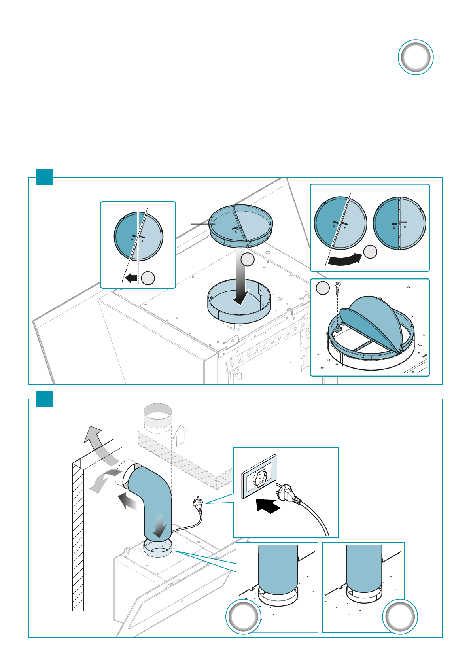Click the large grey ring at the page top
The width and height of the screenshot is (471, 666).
pyautogui.click(x=415, y=57)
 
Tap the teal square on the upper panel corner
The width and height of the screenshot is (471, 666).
pyautogui.click(x=44, y=177)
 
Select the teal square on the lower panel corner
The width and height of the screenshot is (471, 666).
pyautogui.click(x=44, y=399)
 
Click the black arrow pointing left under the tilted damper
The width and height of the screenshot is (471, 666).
pyautogui.click(x=131, y=278)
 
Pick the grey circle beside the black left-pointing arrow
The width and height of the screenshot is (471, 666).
pyautogui.click(x=148, y=278)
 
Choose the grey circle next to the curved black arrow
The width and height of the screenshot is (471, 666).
pyautogui.click(x=370, y=252)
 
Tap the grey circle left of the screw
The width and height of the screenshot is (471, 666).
pyautogui.click(x=323, y=288)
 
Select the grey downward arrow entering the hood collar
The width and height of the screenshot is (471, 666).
pyautogui.click(x=241, y=281)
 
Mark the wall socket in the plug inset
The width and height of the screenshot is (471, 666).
pyautogui.click(x=259, y=477)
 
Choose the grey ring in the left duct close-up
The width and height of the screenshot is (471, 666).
pyautogui.click(x=243, y=617)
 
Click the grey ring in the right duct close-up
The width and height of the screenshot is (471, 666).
pyautogui.click(x=400, y=617)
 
